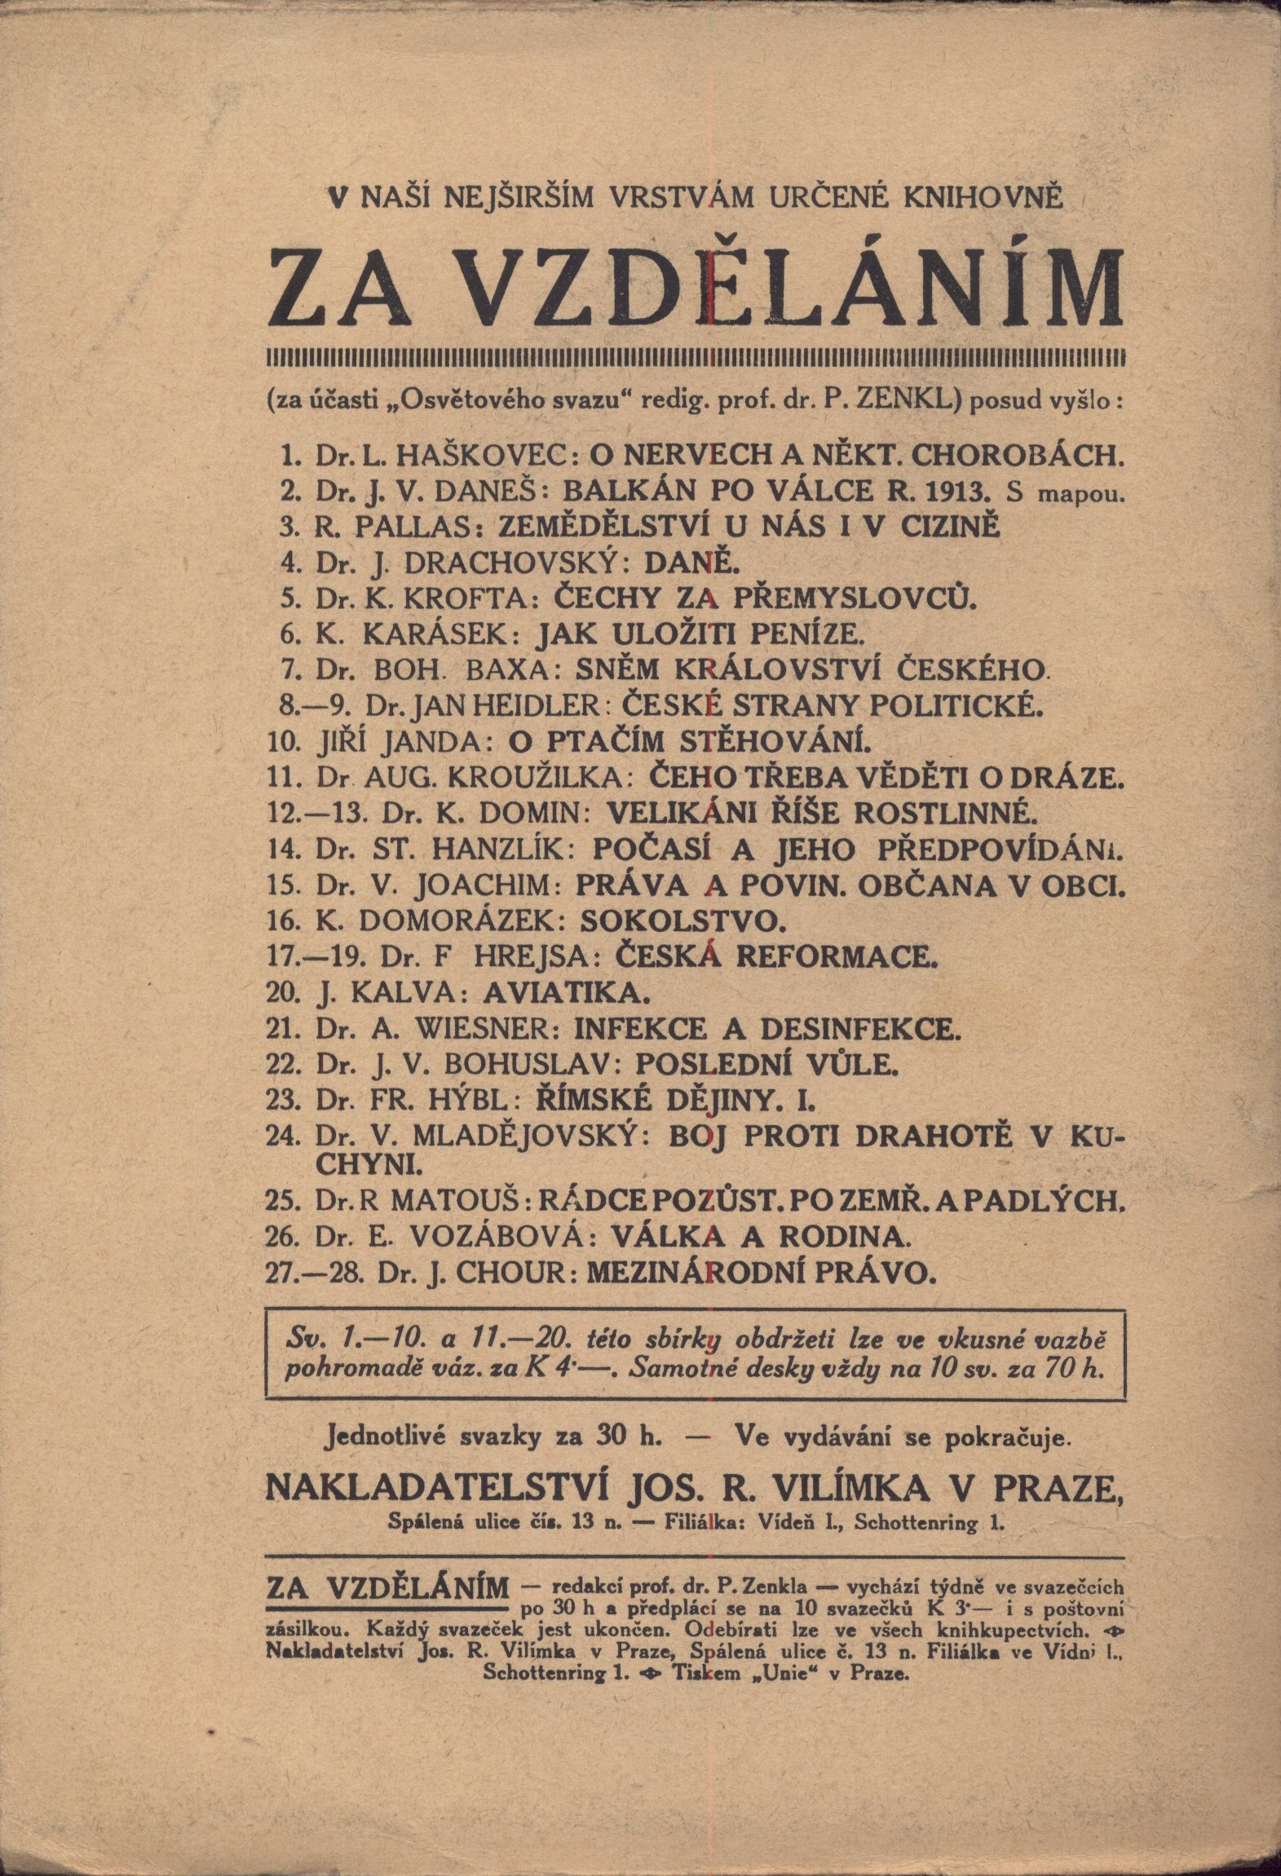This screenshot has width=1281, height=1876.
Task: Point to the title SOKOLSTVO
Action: click(682, 921)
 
